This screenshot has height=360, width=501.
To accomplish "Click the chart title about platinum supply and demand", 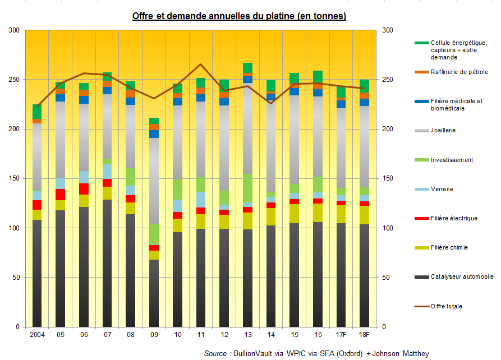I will click(x=239, y=16).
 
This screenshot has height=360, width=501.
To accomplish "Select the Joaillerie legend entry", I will click(x=443, y=130).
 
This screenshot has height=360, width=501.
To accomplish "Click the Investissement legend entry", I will click(x=452, y=160).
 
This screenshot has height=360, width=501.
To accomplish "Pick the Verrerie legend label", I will click(x=442, y=189).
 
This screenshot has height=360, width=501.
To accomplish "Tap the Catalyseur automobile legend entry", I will click(x=462, y=277).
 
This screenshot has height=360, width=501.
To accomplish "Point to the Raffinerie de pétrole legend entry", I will click(x=459, y=72).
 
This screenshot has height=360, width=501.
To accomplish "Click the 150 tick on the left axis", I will click(x=13, y=178).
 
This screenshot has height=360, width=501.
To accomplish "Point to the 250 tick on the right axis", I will click(x=387, y=80).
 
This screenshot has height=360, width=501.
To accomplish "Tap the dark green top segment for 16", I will click(x=318, y=76).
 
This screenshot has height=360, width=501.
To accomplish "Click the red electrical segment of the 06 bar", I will click(x=84, y=189).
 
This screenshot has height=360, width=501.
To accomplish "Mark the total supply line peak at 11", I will click(x=201, y=64).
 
